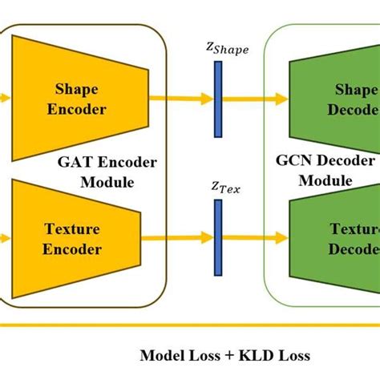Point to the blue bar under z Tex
[217, 238]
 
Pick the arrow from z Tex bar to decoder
[253, 239]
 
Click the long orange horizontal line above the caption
[190, 325]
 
